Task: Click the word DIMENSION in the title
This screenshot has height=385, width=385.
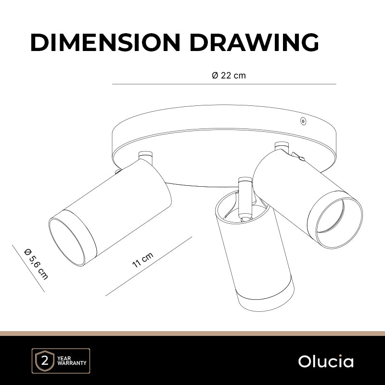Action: pyautogui.click(x=105, y=42)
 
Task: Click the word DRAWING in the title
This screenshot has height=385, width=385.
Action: pyautogui.click(x=254, y=42)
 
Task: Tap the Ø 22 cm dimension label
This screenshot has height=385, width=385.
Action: pyautogui.click(x=229, y=76)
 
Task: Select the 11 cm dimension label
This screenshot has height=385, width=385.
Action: pyautogui.click(x=142, y=260)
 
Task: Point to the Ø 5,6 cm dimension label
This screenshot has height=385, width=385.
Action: pyautogui.click(x=36, y=264)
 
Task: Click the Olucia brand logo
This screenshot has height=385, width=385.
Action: pyautogui.click(x=326, y=361)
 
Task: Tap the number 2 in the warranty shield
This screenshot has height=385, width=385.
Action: pyautogui.click(x=45, y=361)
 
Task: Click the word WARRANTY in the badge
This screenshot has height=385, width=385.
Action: pyautogui.click(x=72, y=363)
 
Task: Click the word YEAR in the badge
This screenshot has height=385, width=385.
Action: pyautogui.click(x=64, y=358)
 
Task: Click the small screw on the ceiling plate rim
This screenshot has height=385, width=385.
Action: pyautogui.click(x=304, y=121)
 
